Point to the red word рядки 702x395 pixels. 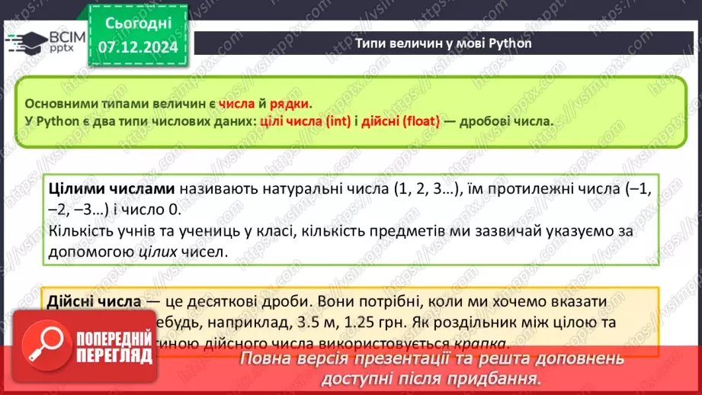click(x=293, y=104)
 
